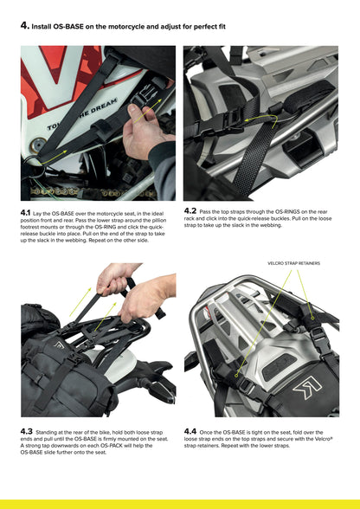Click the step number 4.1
[28, 212]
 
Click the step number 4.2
[190, 210]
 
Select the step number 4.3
[28, 430]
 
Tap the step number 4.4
[191, 430]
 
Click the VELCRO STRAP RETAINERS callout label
[294, 263]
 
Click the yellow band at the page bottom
[180, 504]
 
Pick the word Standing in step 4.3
[51, 431]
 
